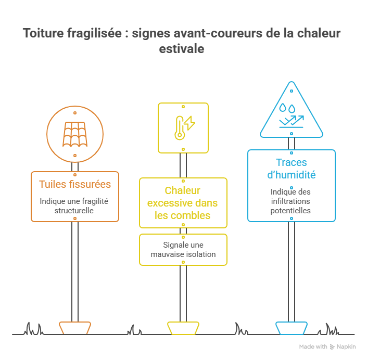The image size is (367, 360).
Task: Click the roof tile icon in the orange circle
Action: pyautogui.click(x=75, y=134)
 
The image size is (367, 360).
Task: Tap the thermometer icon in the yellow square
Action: pyautogui.click(x=180, y=128)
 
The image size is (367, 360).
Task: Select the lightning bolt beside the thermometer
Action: pyautogui.click(x=190, y=123)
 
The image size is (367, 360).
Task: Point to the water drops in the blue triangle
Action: pyautogui.click(x=287, y=108)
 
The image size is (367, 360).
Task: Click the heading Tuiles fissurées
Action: pyautogui.click(x=75, y=184)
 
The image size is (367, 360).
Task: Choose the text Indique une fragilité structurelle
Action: pyautogui.click(x=74, y=206)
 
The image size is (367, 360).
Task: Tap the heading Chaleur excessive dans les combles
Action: pyautogui.click(x=183, y=203)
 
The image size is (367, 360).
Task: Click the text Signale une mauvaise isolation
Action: pyautogui.click(x=183, y=249)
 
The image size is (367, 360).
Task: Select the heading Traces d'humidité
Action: pyautogui.click(x=292, y=169)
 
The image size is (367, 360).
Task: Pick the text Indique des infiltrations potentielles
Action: pyautogui.click(x=290, y=201)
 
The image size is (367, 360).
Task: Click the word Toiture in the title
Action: pyautogui.click(x=43, y=33)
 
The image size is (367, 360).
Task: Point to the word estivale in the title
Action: pyautogui.click(x=182, y=49)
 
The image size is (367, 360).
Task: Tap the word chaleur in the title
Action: pyautogui.click(x=319, y=33)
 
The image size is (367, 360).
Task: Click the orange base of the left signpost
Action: pyautogui.click(x=75, y=328)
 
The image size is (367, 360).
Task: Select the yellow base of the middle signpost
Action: pyautogui.click(x=183, y=328)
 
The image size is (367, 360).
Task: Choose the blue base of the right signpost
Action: pyautogui.click(x=292, y=328)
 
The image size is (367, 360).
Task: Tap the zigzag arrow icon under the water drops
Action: pyautogui.click(x=292, y=121)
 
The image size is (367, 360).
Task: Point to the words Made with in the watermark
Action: pyautogui.click(x=313, y=346)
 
